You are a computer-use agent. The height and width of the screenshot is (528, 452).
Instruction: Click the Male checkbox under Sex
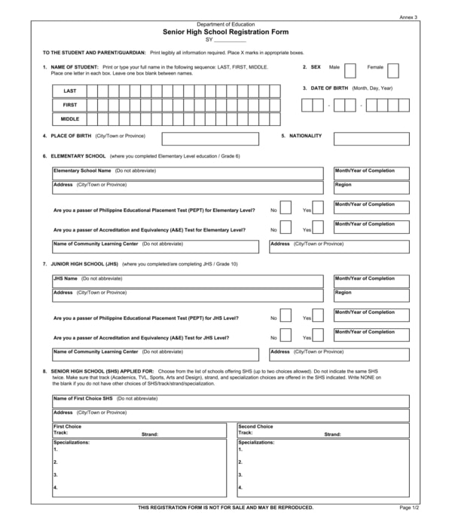click(x=350, y=71)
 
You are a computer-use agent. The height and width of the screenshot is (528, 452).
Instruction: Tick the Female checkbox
click(x=392, y=71)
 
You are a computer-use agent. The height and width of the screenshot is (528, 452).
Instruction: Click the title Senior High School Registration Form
click(x=225, y=32)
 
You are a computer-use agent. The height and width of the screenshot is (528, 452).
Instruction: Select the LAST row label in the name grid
click(x=69, y=91)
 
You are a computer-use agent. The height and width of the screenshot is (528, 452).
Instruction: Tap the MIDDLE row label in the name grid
click(x=69, y=119)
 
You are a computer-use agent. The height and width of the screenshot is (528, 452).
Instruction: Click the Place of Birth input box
click(x=210, y=139)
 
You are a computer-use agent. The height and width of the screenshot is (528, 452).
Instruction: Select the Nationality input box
click(x=371, y=139)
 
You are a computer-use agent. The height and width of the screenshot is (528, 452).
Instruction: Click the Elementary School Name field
click(x=188, y=174)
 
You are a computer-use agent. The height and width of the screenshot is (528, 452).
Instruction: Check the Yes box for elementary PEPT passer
click(x=318, y=208)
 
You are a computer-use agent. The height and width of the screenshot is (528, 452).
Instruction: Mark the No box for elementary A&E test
click(x=286, y=228)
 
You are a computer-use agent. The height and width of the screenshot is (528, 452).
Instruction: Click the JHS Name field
click(x=188, y=281)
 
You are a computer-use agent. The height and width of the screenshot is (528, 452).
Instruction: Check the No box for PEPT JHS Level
click(x=286, y=316)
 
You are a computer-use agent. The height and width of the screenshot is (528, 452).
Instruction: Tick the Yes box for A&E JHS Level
click(x=318, y=336)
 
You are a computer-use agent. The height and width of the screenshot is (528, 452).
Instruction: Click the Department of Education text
click(x=225, y=24)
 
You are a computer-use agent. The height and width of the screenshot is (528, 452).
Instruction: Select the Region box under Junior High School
click(x=371, y=296)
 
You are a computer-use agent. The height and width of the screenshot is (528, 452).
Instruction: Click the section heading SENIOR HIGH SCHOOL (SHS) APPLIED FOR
click(x=102, y=372)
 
